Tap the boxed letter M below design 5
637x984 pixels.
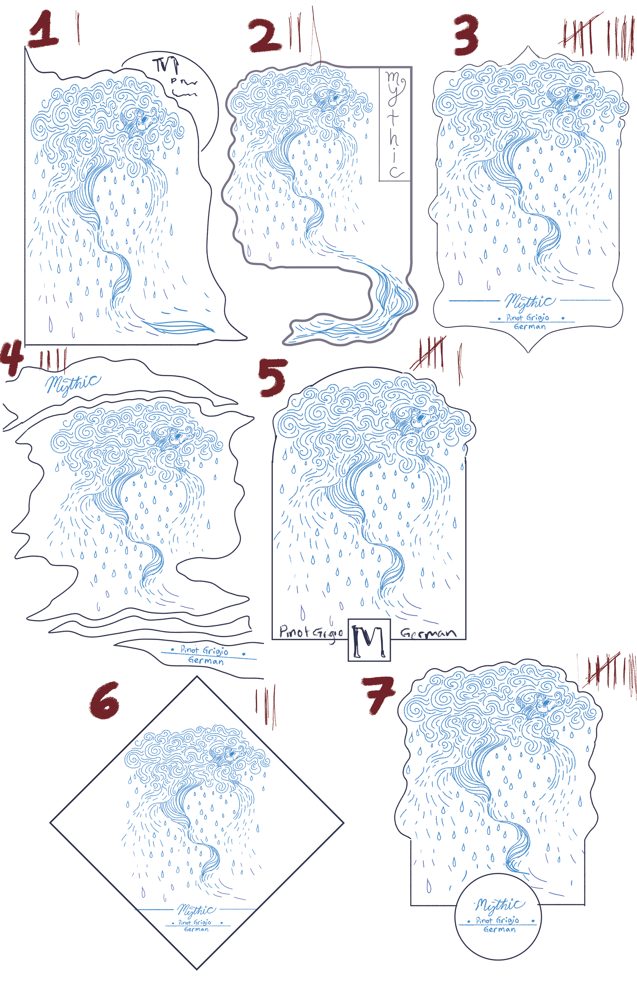[369, 640]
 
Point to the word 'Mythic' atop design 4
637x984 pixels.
[72, 383]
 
